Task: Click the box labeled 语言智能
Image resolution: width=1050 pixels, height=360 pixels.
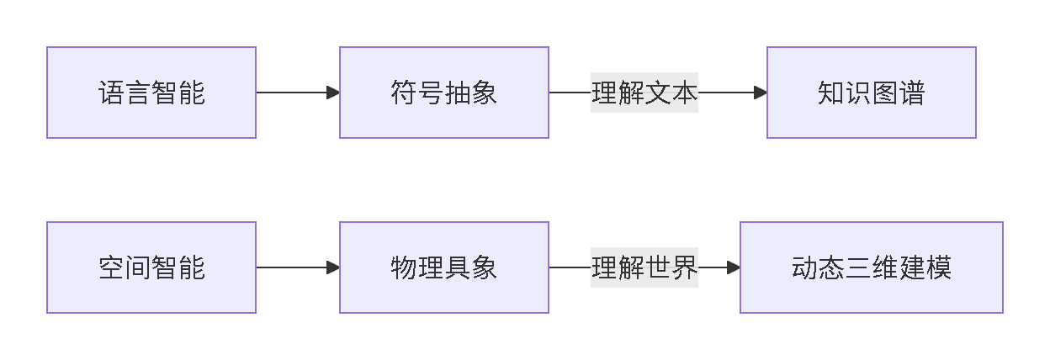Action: (151, 93)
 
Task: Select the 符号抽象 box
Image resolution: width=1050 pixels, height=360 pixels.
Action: (444, 93)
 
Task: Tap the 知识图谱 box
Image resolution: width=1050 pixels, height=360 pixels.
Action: (871, 93)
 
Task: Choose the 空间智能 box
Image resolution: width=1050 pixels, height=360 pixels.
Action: (151, 267)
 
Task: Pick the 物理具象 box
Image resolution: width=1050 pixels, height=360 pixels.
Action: (444, 267)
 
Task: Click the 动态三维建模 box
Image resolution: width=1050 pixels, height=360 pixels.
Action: (871, 267)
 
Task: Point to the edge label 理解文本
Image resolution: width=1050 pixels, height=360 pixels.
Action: (644, 93)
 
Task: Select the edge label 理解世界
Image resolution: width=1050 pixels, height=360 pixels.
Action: (644, 267)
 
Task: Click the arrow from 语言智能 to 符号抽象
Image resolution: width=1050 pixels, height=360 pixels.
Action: (294, 93)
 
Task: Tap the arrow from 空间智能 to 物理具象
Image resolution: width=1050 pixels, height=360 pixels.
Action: (294, 267)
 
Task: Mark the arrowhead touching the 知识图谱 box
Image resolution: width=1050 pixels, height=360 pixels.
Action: (761, 93)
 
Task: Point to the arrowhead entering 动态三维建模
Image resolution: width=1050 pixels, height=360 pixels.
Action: (734, 267)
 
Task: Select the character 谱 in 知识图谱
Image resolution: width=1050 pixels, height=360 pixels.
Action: (912, 93)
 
